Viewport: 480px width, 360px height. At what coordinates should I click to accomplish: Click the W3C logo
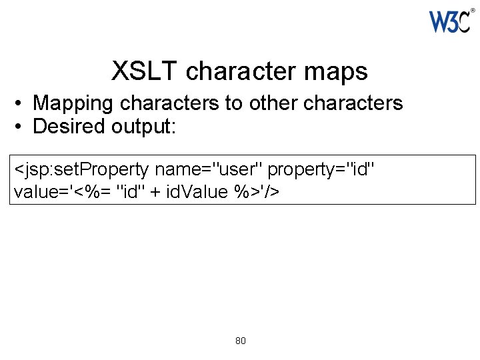449,22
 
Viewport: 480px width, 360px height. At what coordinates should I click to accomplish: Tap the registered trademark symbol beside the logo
473,10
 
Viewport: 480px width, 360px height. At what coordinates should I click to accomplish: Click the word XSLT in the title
145,71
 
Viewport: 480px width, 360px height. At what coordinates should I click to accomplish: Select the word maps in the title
339,71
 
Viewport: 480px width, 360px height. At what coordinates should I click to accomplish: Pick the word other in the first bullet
273,103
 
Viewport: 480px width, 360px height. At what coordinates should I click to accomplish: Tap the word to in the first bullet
232,103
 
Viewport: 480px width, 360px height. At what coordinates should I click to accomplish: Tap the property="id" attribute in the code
321,171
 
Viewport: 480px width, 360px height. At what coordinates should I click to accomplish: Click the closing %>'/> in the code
257,192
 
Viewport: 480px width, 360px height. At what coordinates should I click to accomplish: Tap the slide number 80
241,341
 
